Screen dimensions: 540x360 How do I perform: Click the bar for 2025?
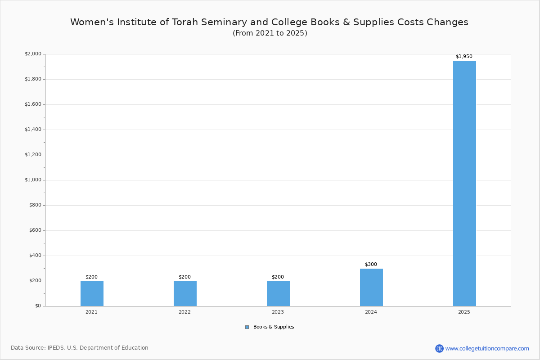coord(464,183)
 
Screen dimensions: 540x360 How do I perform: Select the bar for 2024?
coord(371,288)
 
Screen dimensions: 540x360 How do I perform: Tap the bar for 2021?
coord(92,294)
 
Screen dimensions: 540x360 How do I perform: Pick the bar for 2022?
coord(185,294)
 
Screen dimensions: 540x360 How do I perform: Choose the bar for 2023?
coord(278,294)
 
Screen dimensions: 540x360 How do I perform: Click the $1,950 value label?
coord(464,56)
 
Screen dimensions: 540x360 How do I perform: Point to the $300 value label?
coord(371,264)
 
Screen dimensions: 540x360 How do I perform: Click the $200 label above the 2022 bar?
coord(184,277)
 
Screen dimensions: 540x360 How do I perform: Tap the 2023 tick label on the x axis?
coord(278,312)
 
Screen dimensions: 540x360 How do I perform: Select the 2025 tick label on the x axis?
coord(464,312)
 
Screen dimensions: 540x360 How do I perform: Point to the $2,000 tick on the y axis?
coord(33,54)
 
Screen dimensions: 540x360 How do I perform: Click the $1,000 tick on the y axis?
coord(33,180)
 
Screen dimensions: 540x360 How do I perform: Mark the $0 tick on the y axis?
coord(38,306)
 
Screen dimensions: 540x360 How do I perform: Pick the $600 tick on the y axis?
coord(36,230)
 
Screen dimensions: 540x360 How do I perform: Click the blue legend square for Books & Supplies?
coord(247,327)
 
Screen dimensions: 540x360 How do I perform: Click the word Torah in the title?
coord(185,22)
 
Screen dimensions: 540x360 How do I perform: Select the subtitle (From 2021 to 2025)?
coord(270,33)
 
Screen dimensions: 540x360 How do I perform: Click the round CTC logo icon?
coord(439,348)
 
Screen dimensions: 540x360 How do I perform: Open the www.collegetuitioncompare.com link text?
coord(487,349)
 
